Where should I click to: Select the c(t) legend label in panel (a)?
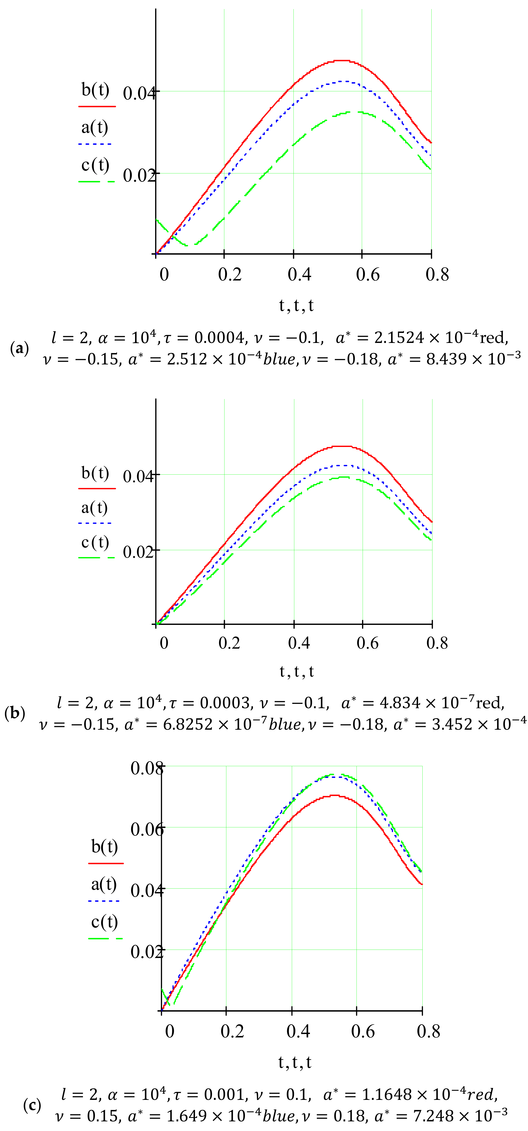[95, 165]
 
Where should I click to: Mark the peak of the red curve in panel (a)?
[342, 60]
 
